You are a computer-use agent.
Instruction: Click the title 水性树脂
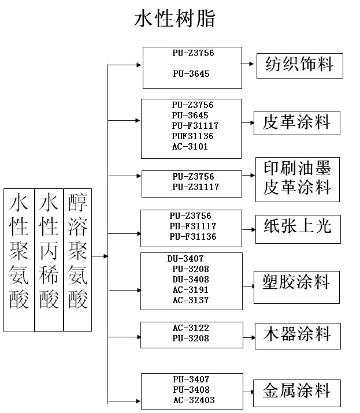pos(175,18)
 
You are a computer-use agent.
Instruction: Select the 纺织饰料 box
pos(299,65)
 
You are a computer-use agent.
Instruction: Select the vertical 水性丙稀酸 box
pos(49,259)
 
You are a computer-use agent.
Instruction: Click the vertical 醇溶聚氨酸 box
pos(77,259)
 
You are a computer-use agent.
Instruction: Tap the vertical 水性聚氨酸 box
pos(18,260)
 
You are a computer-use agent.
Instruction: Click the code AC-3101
pos(190,147)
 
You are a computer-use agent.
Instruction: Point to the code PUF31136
pos(192,136)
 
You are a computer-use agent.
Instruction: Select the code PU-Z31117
pos(195,187)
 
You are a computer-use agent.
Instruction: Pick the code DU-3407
pos(185,259)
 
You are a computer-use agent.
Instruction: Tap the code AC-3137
pos(190,300)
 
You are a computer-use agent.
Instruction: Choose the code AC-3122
pos(190,328)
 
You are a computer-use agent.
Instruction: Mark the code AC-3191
pos(190,290)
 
